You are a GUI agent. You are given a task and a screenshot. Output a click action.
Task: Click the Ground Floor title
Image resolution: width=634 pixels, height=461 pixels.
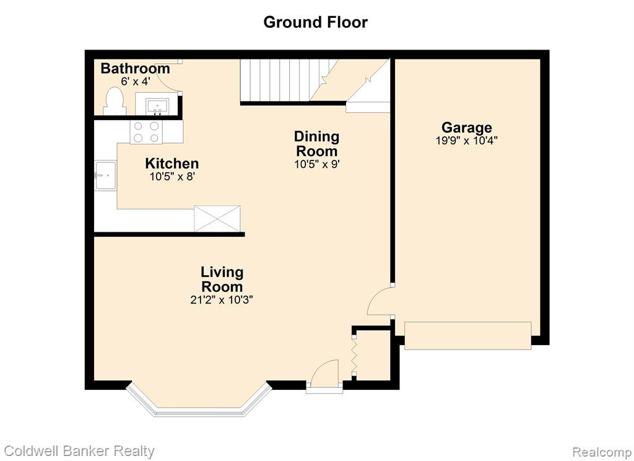click(315, 22)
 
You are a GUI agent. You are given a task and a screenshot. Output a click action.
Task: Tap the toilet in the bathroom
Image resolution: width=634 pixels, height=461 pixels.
click(115, 101)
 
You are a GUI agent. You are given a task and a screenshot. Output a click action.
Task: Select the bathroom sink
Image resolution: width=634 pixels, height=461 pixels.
click(157, 107)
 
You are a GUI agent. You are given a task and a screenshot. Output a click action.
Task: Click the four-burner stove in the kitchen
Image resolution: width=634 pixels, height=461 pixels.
click(146, 132)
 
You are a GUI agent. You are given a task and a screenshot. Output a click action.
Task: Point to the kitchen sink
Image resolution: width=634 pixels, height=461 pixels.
click(105, 175)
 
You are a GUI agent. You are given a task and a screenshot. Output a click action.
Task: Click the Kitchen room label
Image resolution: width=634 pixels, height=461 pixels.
click(172, 164)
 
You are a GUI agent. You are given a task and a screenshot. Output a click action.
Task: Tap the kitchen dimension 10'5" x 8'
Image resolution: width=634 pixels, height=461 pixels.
click(173, 177)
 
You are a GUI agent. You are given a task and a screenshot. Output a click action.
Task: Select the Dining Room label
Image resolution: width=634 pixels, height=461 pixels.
click(316, 144)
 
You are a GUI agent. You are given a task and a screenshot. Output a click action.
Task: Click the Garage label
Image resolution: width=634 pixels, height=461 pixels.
click(467, 128)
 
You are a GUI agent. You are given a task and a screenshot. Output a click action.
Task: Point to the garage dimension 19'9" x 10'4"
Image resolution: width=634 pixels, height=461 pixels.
click(467, 141)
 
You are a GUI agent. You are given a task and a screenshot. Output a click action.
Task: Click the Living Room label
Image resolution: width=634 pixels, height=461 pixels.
click(222, 279)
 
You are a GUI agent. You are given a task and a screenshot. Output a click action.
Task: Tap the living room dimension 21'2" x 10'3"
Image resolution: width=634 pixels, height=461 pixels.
click(222, 300)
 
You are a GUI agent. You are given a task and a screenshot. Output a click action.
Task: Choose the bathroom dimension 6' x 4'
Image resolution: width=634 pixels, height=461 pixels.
click(136, 81)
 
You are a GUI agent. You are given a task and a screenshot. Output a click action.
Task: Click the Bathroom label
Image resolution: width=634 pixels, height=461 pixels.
click(135, 68)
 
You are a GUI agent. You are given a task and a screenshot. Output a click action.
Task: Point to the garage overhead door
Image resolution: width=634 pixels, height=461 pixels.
click(468, 336)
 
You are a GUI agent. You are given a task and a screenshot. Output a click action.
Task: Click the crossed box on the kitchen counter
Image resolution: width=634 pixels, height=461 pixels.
click(217, 219)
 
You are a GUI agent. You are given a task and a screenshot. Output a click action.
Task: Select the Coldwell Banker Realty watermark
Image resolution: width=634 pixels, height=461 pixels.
click(79, 451)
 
